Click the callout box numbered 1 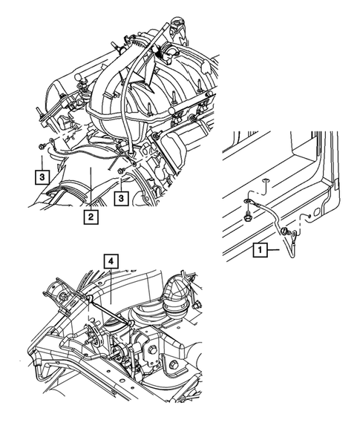(x=260, y=251)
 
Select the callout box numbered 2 (x=90, y=217)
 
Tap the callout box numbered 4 (x=110, y=261)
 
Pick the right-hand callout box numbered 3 (x=121, y=197)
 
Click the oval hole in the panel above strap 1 (x=266, y=180)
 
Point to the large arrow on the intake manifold (x=149, y=66)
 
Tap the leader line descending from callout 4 (x=110, y=285)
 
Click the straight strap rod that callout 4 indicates (x=111, y=312)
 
